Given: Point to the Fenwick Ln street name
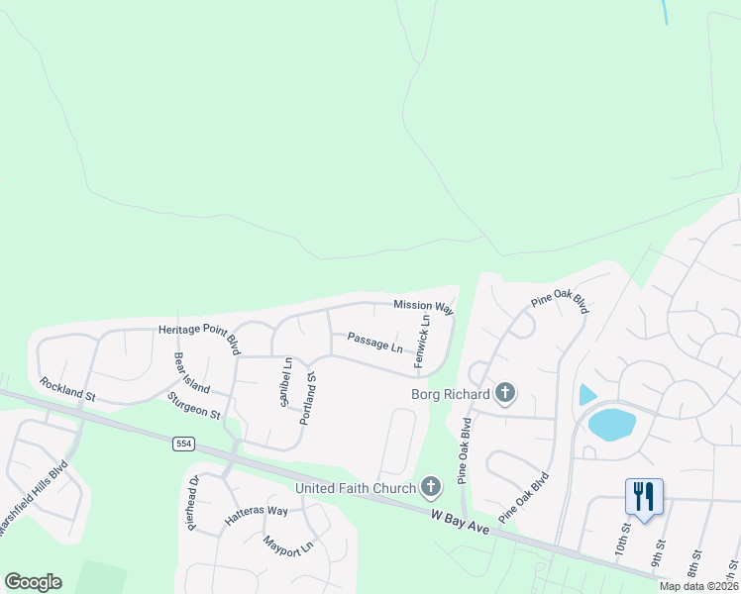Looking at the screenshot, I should [423, 343].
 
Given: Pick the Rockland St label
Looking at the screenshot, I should [66, 388].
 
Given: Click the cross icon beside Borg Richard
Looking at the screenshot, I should [505, 394].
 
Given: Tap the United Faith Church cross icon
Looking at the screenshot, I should [430, 486].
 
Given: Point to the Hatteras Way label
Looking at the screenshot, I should [256, 511].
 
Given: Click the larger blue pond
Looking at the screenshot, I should [612, 424].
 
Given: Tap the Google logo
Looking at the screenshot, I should [33, 582].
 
